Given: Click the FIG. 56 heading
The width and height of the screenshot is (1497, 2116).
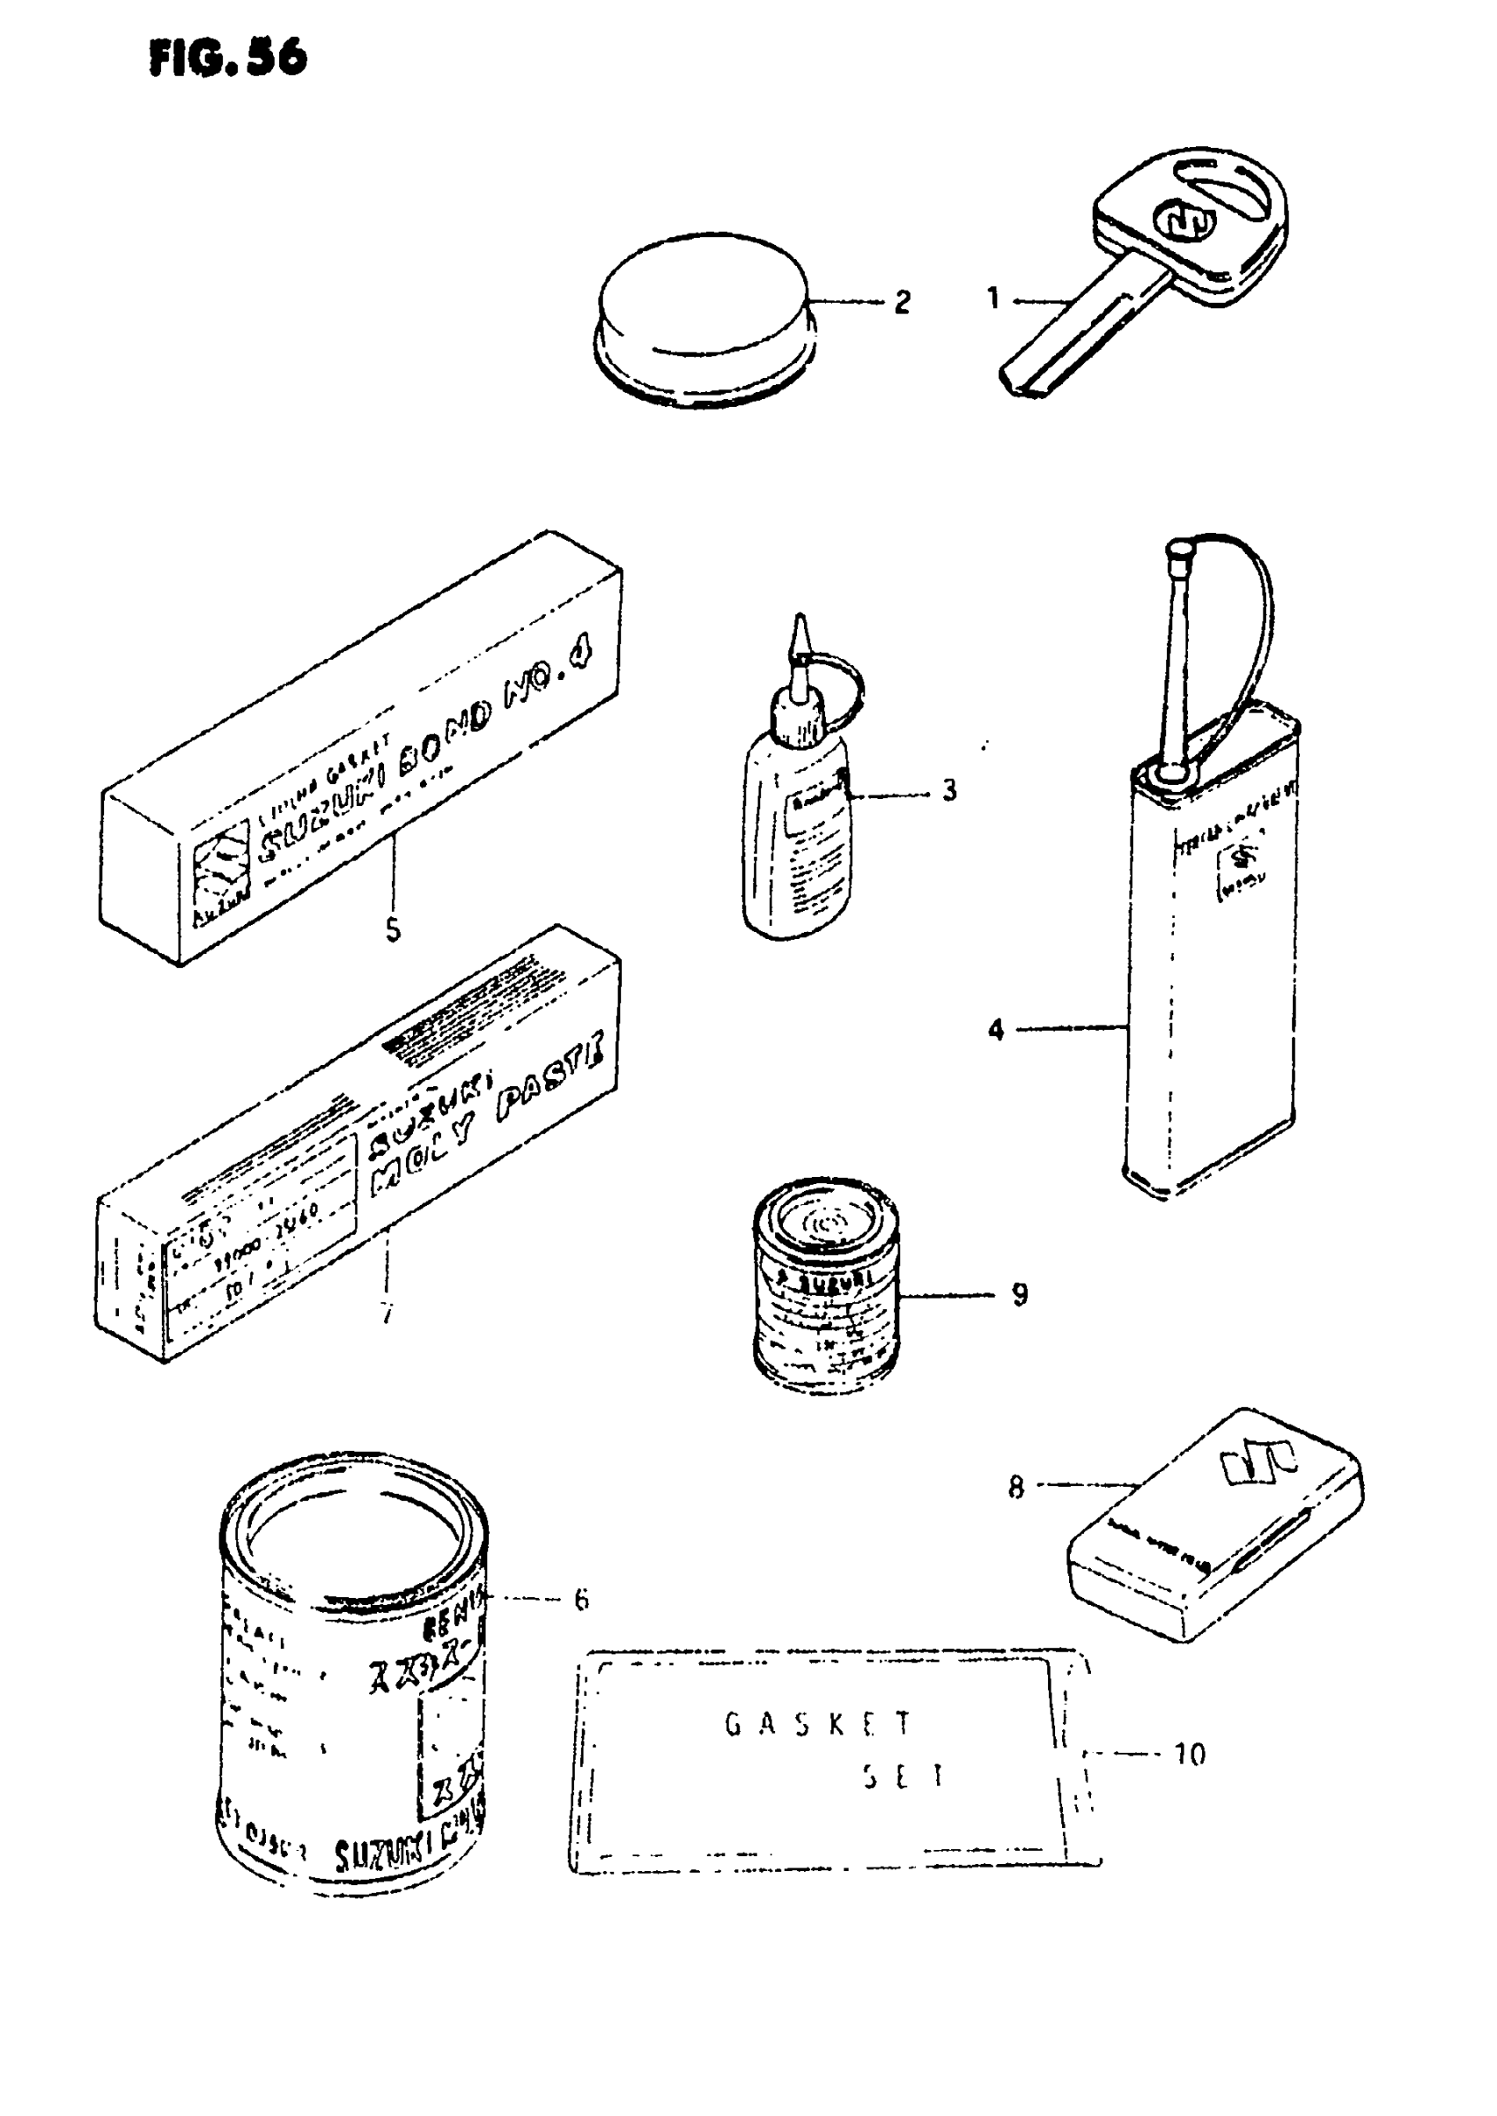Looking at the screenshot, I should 227,58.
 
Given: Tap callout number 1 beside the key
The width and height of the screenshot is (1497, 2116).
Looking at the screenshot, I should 992,299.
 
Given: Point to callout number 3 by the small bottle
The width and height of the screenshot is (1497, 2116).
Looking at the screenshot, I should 948,790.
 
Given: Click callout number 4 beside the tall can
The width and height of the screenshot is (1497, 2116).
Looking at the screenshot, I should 996,1030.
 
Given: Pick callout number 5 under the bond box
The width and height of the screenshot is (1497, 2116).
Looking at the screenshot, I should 394,930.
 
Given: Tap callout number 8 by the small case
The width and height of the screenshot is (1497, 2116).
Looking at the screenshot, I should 1016,1487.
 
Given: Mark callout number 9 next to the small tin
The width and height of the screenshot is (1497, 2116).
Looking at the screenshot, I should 1020,1294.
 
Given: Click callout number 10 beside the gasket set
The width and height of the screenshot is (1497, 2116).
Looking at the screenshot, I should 1189,1754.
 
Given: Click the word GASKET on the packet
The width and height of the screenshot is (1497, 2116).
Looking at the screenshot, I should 818,1724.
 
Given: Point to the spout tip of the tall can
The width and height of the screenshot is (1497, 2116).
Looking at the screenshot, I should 1176,550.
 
